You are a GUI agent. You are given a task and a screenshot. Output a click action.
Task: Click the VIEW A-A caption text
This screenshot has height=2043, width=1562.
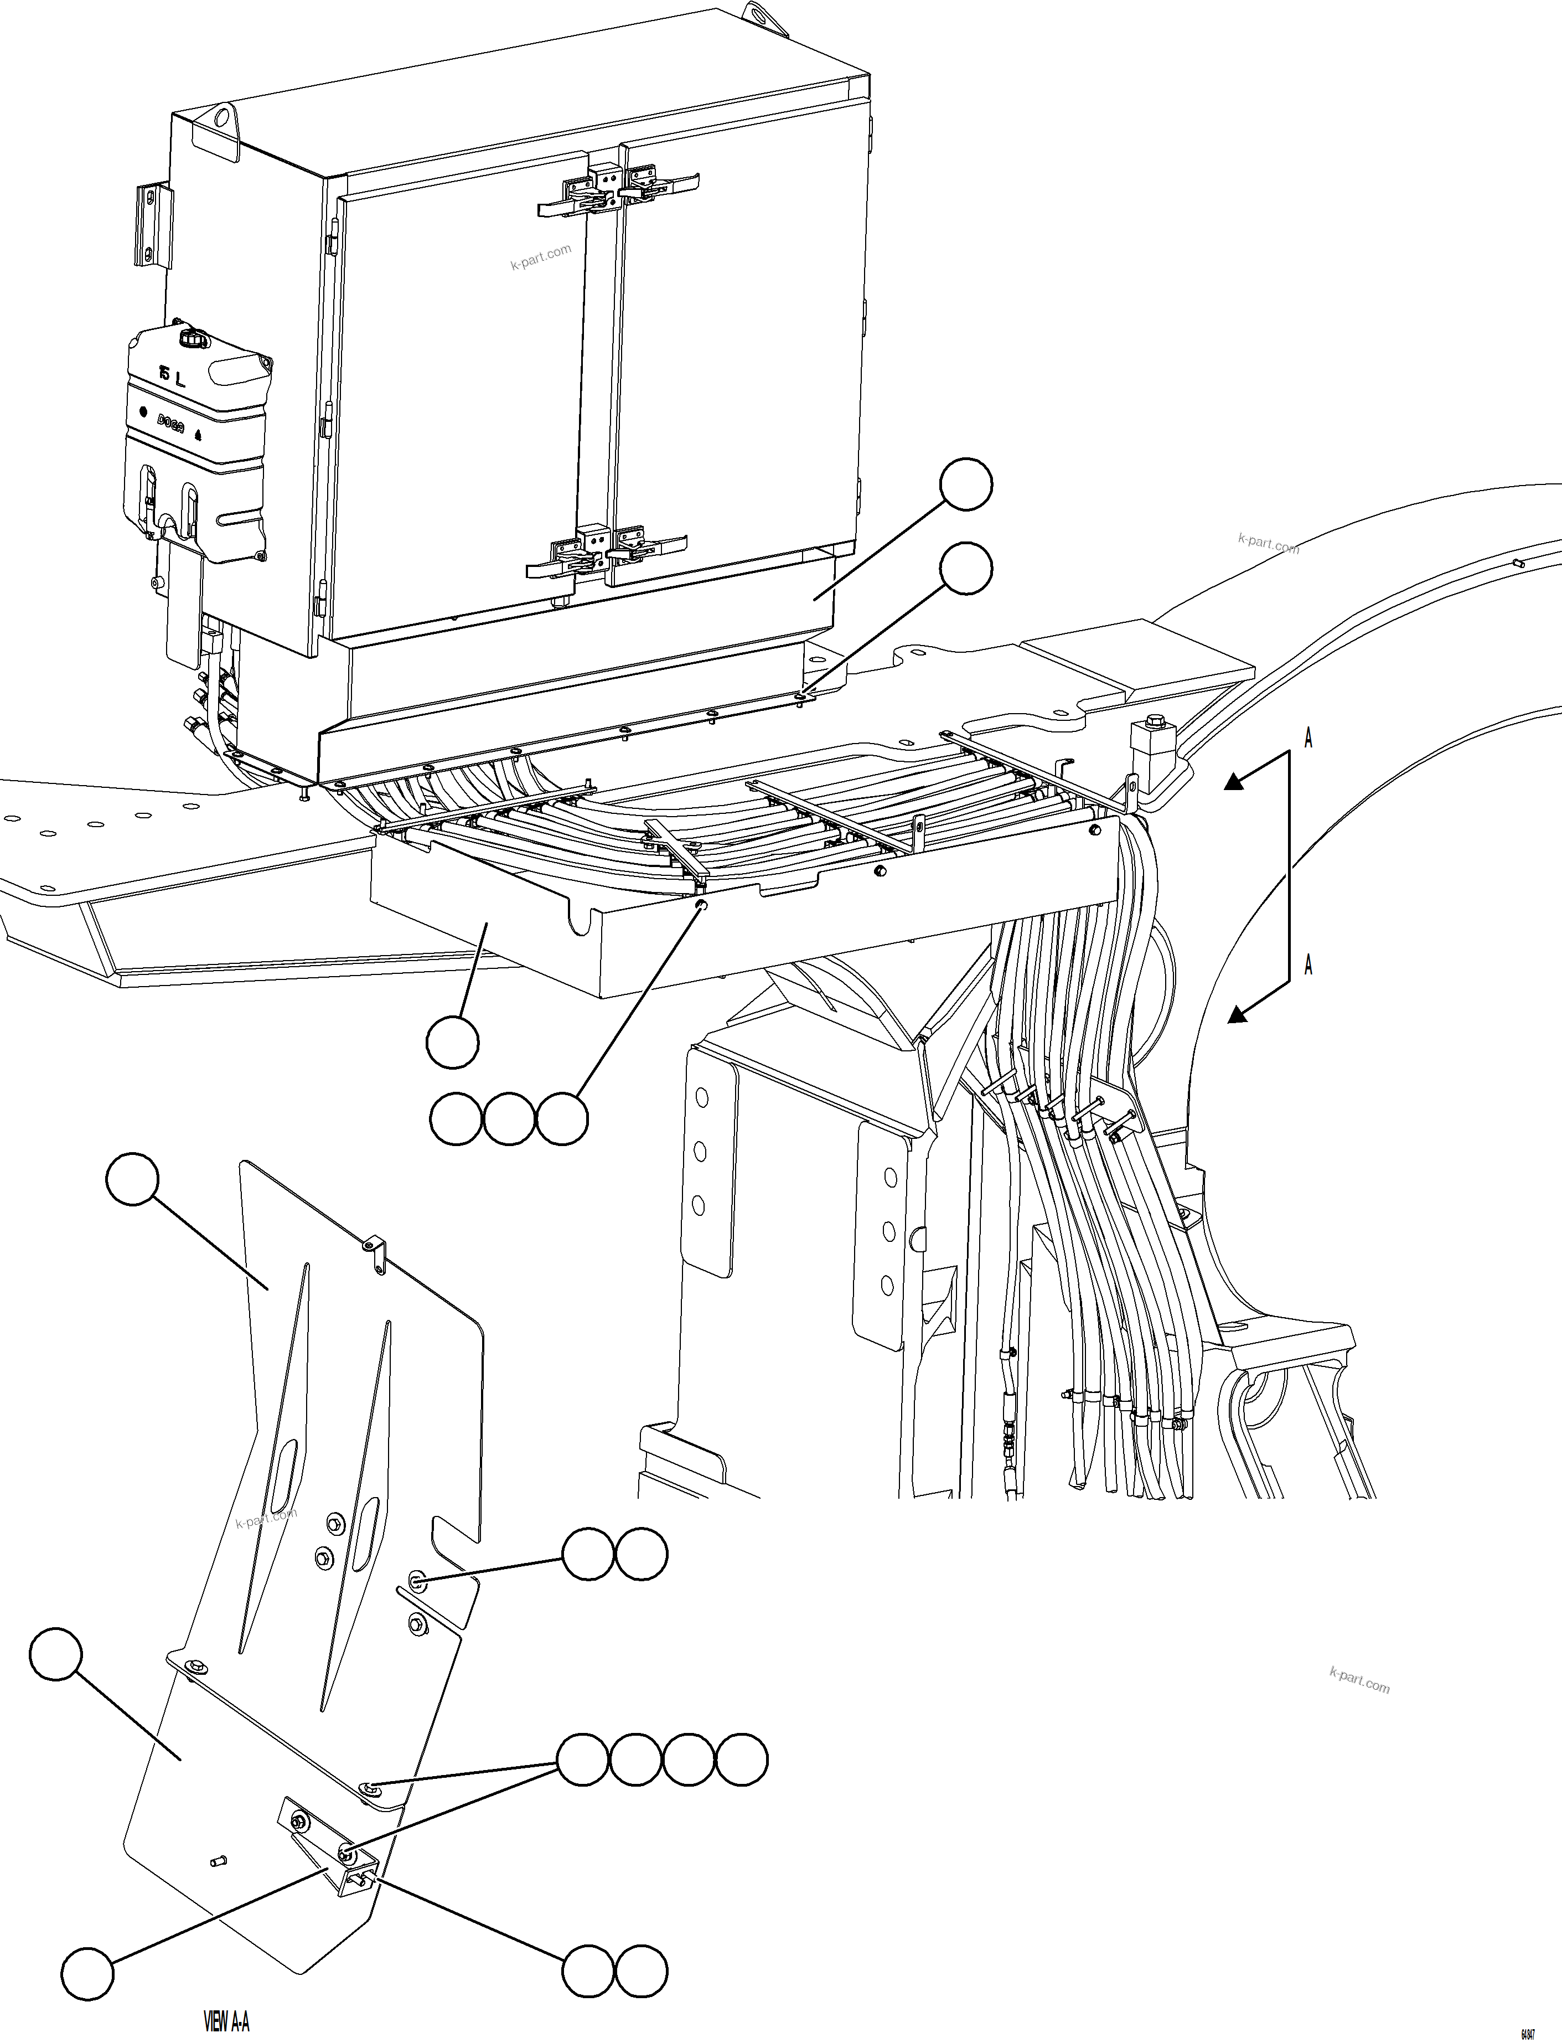[226, 2015]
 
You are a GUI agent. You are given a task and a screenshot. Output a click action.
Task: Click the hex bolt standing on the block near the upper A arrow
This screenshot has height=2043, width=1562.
[1157, 721]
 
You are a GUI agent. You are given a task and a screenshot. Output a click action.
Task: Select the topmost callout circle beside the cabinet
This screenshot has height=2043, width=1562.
[966, 483]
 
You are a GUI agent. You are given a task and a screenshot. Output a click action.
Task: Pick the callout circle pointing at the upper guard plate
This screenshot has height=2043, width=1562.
[133, 1180]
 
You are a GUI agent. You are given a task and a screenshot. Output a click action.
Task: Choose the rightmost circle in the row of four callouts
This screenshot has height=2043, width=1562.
[742, 1758]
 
